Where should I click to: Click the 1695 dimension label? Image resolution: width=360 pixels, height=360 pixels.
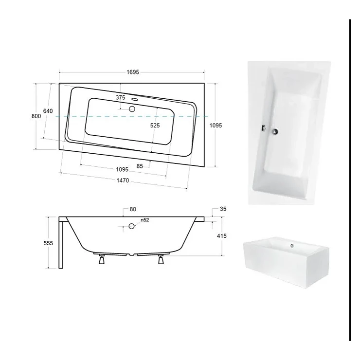133,72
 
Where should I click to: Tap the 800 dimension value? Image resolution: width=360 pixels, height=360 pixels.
36,116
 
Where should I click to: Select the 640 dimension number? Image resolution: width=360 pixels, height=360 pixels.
48,111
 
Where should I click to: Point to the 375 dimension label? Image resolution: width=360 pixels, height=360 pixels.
121,98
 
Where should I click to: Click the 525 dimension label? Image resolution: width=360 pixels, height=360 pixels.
155,126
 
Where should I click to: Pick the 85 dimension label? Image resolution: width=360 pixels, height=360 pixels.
140,166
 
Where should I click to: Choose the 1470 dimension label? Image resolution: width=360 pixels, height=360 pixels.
123,180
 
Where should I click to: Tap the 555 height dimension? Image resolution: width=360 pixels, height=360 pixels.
48,243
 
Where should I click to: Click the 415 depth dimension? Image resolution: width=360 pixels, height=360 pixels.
221,236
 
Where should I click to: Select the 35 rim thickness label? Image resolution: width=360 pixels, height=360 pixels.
223,209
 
